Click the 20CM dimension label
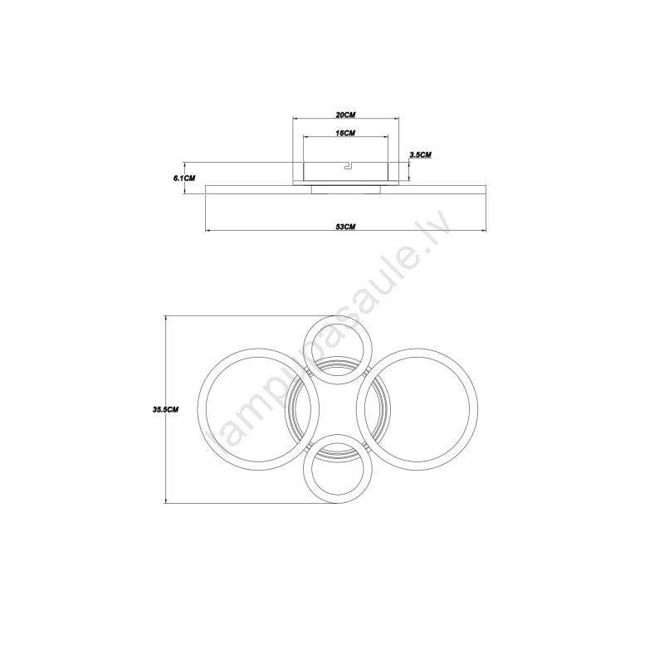[x=345, y=115]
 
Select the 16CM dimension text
[x=345, y=133]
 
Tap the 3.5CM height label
[x=420, y=155]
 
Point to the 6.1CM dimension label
[x=184, y=178]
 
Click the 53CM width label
[x=345, y=227]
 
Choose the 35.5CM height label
[x=165, y=409]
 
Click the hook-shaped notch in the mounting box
[x=348, y=165]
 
